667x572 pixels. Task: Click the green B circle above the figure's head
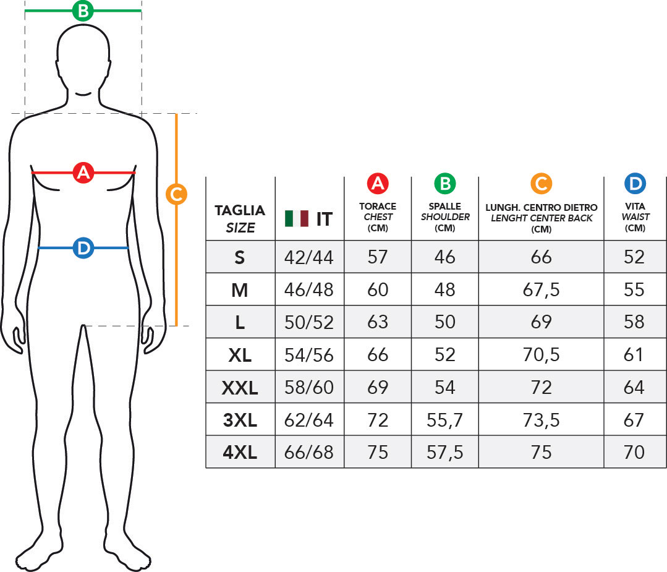[83, 11]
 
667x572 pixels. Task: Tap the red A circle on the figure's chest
[83, 173]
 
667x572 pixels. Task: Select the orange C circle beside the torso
[176, 194]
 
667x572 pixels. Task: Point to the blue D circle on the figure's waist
[83, 248]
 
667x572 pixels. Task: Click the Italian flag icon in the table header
[297, 218]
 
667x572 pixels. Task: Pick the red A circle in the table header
[378, 184]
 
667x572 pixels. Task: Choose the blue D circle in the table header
[635, 184]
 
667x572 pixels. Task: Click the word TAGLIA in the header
[240, 210]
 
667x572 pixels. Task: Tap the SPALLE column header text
[445, 207]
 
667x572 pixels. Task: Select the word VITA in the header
[635, 207]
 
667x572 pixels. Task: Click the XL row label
[240, 355]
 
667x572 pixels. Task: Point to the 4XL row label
[240, 452]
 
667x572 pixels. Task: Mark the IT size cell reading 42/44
[309, 257]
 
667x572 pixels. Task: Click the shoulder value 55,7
[445, 420]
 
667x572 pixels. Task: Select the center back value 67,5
[541, 290]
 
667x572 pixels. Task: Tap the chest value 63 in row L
[378, 322]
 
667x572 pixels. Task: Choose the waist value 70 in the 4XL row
[634, 452]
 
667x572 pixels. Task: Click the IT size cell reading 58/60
[309, 388]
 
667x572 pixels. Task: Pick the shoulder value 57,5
[445, 453]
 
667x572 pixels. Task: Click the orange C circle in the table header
[541, 184]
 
